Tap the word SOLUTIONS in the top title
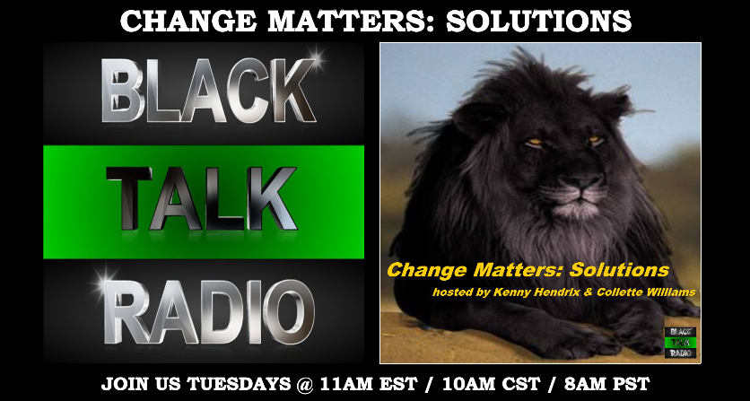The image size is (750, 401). [x=538, y=22]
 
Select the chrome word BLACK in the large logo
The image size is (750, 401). [x=208, y=90]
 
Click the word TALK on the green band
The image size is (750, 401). [x=201, y=198]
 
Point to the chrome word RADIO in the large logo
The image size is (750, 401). [x=209, y=312]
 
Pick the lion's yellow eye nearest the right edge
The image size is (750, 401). [x=595, y=140]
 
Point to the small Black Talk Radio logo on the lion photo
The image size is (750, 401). [x=680, y=343]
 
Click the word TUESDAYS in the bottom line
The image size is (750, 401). [x=238, y=384]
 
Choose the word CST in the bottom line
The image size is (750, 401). [x=517, y=384]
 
